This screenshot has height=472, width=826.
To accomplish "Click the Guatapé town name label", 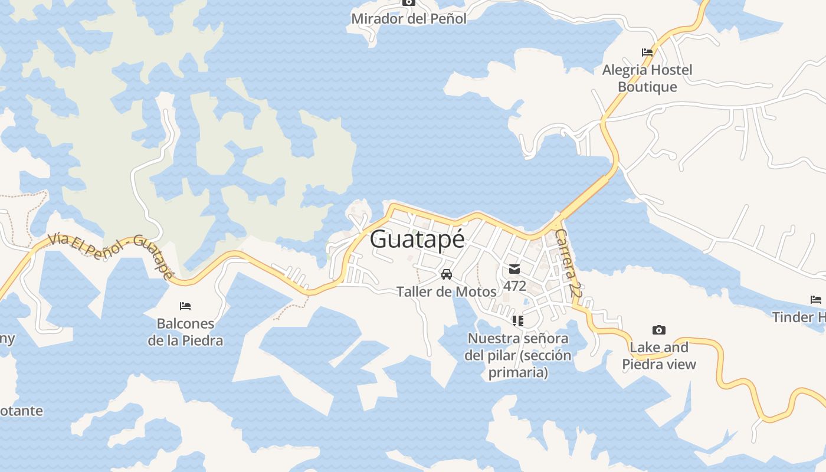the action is pyautogui.click(x=417, y=240).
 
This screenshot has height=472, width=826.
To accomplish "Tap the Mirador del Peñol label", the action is pyautogui.click(x=408, y=19).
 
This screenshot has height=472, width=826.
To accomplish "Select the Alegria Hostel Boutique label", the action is pyautogui.click(x=647, y=78).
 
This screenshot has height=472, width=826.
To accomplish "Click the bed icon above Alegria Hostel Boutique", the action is pyautogui.click(x=647, y=52).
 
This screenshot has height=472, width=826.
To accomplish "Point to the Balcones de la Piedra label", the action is pyautogui.click(x=185, y=332).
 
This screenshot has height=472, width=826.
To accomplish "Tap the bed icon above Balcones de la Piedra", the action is pyautogui.click(x=185, y=306).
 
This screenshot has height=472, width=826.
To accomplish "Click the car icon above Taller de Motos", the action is pyautogui.click(x=447, y=274).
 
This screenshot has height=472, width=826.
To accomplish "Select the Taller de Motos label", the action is pyautogui.click(x=447, y=291).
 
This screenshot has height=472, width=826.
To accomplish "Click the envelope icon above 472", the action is pyautogui.click(x=514, y=270).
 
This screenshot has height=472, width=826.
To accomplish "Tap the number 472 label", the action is pyautogui.click(x=514, y=286).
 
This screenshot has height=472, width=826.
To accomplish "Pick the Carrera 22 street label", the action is pyautogui.click(x=568, y=263).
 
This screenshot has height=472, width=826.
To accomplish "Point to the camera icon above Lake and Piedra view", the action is pyautogui.click(x=659, y=330).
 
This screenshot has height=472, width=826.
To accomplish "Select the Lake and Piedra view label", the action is pyautogui.click(x=659, y=356).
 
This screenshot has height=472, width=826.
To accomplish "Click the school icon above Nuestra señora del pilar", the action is pyautogui.click(x=517, y=321).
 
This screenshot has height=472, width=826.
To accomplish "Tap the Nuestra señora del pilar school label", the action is pyautogui.click(x=517, y=355).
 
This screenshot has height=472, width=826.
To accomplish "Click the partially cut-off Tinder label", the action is pyautogui.click(x=799, y=317).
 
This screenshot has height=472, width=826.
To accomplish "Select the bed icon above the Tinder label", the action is pyautogui.click(x=816, y=300).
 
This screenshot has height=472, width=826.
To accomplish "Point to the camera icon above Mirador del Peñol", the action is pyautogui.click(x=408, y=2).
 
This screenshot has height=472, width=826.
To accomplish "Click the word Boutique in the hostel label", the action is pyautogui.click(x=647, y=87).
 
